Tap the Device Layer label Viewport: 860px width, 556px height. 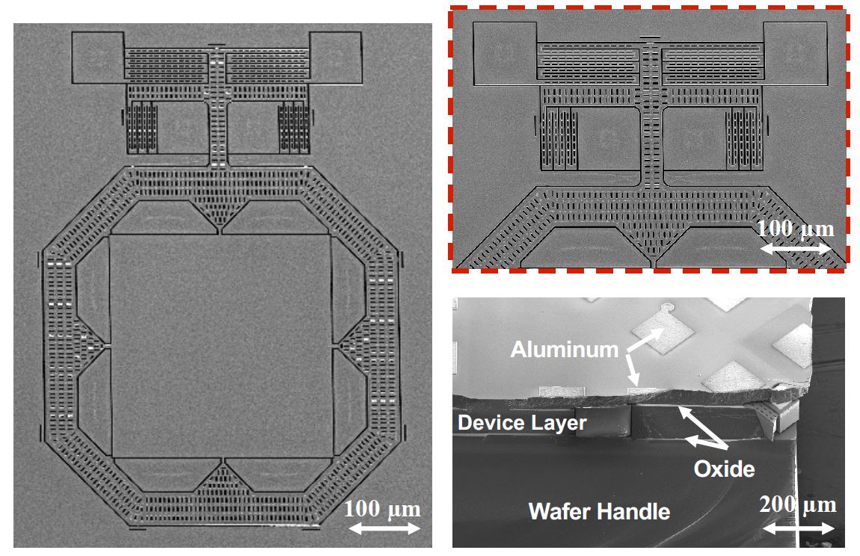[522, 423]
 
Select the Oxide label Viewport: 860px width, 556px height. [723, 469]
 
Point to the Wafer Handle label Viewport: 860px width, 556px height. [599, 512]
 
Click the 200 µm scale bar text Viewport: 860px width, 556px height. [797, 505]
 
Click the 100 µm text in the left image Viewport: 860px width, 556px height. [383, 510]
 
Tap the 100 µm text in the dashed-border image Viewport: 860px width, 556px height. [795, 228]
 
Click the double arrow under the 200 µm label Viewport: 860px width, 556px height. [797, 528]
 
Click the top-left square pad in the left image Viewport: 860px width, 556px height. [96, 57]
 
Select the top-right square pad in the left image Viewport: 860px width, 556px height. [336, 57]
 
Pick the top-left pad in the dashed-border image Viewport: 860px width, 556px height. [505, 53]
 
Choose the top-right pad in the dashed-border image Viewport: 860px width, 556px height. [796, 53]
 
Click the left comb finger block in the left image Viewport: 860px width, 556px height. [142, 125]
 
